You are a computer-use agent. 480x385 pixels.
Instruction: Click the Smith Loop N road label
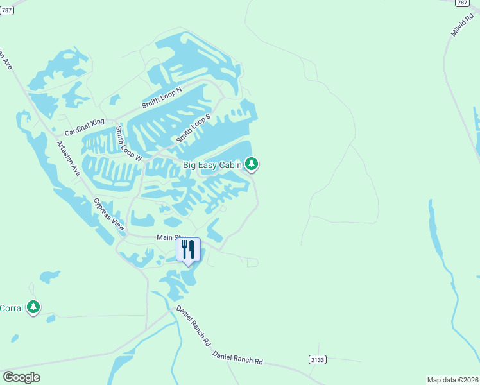(x=162, y=99)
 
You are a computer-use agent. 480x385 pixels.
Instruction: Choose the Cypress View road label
(x=108, y=214)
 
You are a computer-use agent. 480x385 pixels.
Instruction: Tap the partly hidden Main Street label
(x=168, y=238)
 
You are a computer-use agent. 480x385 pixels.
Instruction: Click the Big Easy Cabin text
(x=212, y=165)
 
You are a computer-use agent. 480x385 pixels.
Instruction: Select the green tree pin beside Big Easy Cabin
(x=252, y=164)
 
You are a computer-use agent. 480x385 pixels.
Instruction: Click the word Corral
(x=12, y=308)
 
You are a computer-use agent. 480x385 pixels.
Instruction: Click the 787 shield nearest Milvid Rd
(x=461, y=3)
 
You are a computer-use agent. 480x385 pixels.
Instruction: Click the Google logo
(x=22, y=377)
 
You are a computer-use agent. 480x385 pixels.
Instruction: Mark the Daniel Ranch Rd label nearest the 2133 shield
(x=238, y=358)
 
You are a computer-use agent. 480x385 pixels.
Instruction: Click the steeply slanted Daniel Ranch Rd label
(x=194, y=326)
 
